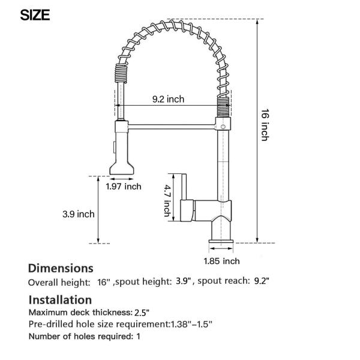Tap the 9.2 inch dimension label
[167, 100]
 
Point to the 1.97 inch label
[124, 187]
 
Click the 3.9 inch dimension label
[78, 213]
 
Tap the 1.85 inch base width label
[221, 261]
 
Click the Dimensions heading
[61, 268]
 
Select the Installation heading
[60, 299]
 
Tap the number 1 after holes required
[139, 336]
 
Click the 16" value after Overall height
[103, 281]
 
